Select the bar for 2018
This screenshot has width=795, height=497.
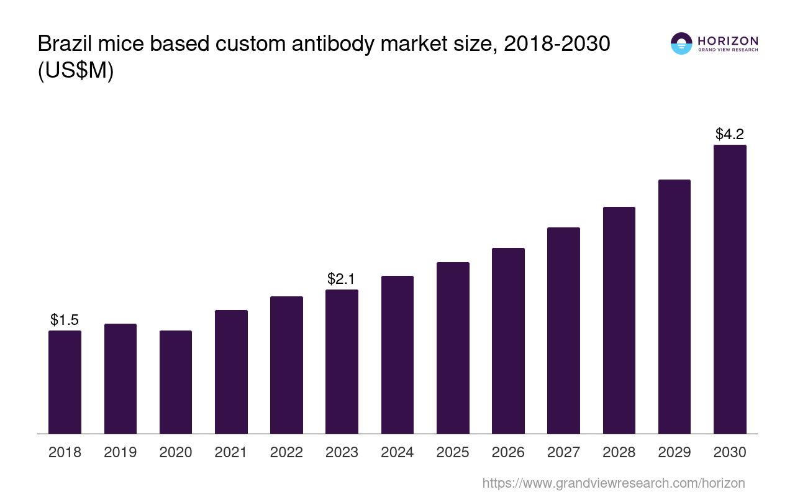coord(65,382)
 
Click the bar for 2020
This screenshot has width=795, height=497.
coord(176,382)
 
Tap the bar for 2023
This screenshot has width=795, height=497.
coord(342,362)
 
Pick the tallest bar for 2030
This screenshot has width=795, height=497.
coord(730,289)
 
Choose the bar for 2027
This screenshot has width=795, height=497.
coord(563,331)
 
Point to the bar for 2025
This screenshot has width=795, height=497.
coord(453,348)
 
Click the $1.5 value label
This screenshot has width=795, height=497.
coord(65,320)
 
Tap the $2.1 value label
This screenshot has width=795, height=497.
coord(342,279)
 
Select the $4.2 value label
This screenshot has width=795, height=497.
coord(730,134)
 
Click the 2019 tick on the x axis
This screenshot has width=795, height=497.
coord(120,452)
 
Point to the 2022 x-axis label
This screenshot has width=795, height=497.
coord(286,452)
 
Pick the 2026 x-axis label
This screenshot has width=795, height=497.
coord(508,452)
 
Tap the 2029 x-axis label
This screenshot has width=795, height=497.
coord(675,452)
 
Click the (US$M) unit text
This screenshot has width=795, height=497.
coord(76,71)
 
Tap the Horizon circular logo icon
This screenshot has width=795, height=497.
coord(681,43)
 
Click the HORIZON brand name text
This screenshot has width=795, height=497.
coord(727,40)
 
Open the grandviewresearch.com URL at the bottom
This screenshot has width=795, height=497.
coord(614,483)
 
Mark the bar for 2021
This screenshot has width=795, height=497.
coord(231,372)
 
